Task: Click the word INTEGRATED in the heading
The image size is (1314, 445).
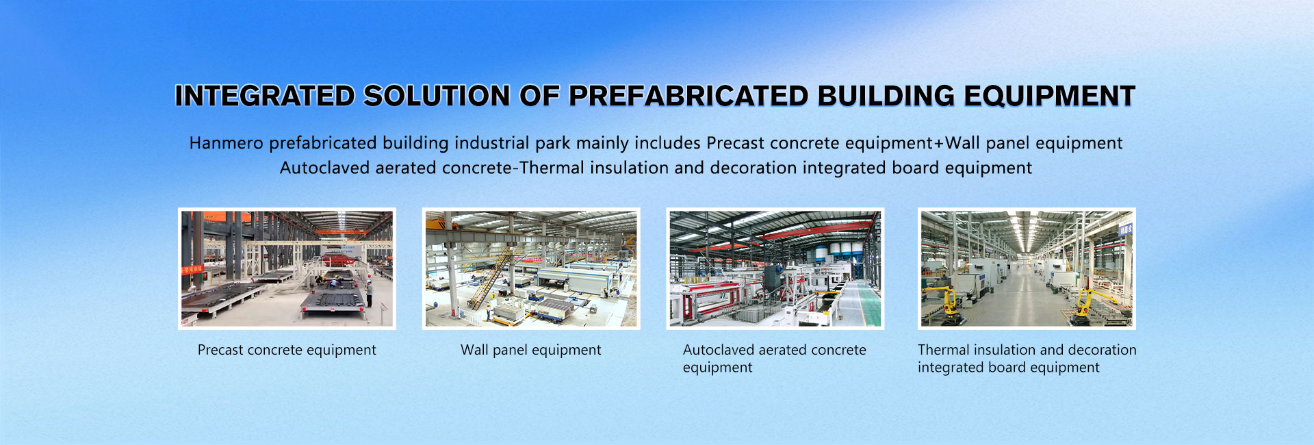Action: pyautogui.click(x=265, y=96)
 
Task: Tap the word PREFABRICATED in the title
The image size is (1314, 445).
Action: pyautogui.click(x=688, y=96)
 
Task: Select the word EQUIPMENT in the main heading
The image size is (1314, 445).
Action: pyautogui.click(x=1050, y=96)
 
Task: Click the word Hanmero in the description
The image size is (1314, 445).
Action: pyautogui.click(x=226, y=143)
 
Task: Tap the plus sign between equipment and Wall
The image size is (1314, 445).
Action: pyautogui.click(x=939, y=144)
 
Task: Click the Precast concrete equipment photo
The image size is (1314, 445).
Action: pyautogui.click(x=287, y=268)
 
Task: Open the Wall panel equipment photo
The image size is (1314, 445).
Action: pyautogui.click(x=531, y=268)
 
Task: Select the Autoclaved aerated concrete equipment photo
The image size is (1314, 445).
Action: pyautogui.click(x=775, y=268)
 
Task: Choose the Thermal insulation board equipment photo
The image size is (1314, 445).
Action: pyautogui.click(x=1027, y=268)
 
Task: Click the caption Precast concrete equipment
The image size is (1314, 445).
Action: pyautogui.click(x=287, y=350)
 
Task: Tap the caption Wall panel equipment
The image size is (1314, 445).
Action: pyautogui.click(x=531, y=350)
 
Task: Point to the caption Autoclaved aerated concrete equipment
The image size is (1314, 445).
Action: pyautogui.click(x=775, y=358)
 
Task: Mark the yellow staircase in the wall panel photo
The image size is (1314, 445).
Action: pyautogui.click(x=490, y=277)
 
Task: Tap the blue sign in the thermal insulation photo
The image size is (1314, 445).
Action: pyautogui.click(x=1124, y=229)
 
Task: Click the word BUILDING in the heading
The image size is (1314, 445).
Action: pyautogui.click(x=886, y=96)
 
